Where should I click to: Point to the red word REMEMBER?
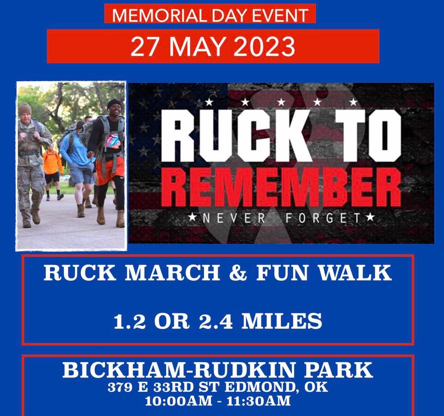point(282,188)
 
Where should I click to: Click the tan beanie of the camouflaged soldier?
point(25,109)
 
